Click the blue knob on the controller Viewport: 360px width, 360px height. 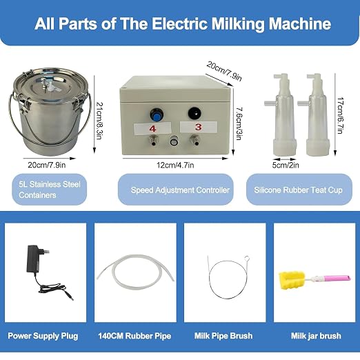tap(157, 115)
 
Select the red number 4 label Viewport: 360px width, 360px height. tap(152, 128)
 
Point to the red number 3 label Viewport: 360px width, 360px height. tap(198, 127)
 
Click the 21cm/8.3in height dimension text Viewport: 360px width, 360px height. tap(99, 121)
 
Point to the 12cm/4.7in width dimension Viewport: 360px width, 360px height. tap(175, 165)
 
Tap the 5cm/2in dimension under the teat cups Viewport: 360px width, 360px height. tap(286, 165)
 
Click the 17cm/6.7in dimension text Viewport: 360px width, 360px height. tap(341, 115)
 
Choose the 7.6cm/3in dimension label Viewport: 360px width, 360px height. tap(239, 123)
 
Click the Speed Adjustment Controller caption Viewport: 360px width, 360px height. tap(180, 190)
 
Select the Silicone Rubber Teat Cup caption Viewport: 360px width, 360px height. tap(298, 190)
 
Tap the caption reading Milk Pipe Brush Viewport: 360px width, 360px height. tap(223, 336)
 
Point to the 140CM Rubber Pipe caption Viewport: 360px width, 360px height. tap(134, 336)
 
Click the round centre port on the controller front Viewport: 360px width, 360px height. tap(174, 141)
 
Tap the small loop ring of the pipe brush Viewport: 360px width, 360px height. tap(247, 258)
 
